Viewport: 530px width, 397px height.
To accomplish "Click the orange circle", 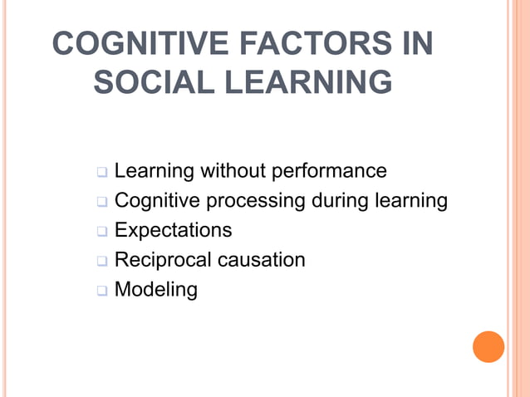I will point(488,346).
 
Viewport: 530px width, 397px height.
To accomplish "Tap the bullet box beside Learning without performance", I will point(102,173).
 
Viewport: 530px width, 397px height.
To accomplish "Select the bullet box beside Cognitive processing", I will point(102,202).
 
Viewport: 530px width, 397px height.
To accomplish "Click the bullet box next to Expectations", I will point(102,231).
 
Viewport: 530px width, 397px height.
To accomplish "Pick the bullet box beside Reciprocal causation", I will point(102,261).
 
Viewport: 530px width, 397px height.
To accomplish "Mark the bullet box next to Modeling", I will point(102,291).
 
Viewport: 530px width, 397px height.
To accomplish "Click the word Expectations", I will point(173,230).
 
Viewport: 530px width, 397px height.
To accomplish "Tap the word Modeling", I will point(156,290).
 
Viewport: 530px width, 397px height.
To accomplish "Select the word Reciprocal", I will point(161,260).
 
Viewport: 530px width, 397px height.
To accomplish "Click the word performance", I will point(332,171).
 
